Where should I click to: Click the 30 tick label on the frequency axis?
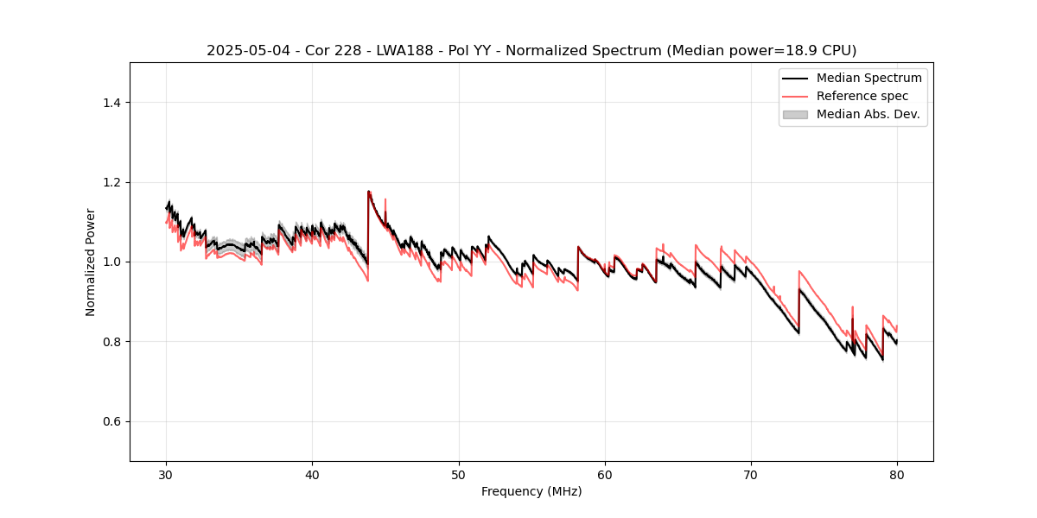tap(166, 474)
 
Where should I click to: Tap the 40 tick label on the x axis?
tap(312, 474)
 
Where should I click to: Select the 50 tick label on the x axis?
tap(458, 474)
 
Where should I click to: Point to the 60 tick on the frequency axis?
tap(605, 474)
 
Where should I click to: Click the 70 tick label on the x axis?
tap(751, 474)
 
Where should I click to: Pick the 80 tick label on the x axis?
tap(897, 474)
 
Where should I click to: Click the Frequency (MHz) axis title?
tap(531, 491)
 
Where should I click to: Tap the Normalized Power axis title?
tap(90, 262)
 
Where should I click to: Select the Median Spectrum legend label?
tap(868, 78)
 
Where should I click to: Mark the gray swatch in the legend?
tap(795, 114)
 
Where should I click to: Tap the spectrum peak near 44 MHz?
tap(369, 192)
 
